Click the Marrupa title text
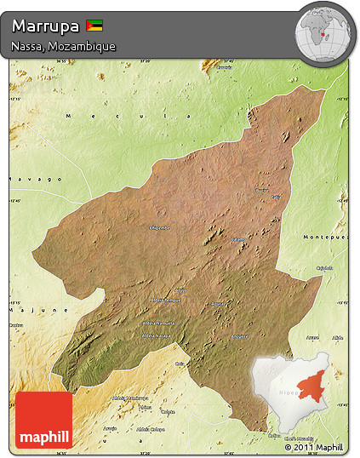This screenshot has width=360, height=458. tap(47, 26)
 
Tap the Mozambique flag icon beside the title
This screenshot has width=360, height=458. tap(94, 26)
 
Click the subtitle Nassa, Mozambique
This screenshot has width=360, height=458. tap(64, 46)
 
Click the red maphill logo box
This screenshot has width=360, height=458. tap(43, 420)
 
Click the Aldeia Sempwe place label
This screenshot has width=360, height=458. tap(165, 300)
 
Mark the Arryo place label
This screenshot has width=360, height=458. tap(180, 290)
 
